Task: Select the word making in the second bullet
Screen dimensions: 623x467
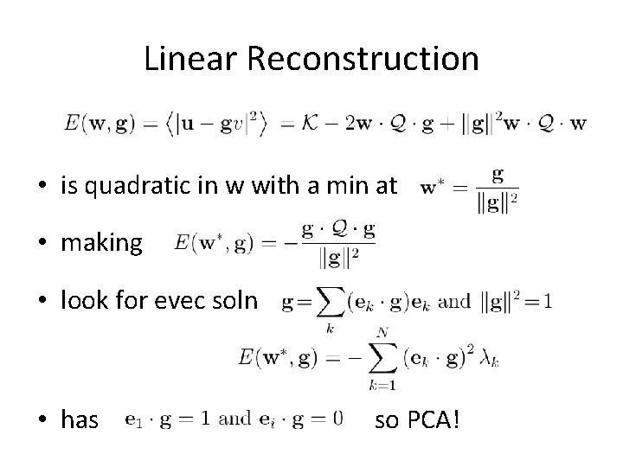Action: (x=101, y=243)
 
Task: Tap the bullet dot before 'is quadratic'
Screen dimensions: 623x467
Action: (x=42, y=187)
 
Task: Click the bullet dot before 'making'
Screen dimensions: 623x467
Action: (x=42, y=244)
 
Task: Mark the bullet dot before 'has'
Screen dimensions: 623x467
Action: (x=42, y=420)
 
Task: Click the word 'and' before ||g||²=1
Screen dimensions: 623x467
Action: (x=454, y=302)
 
